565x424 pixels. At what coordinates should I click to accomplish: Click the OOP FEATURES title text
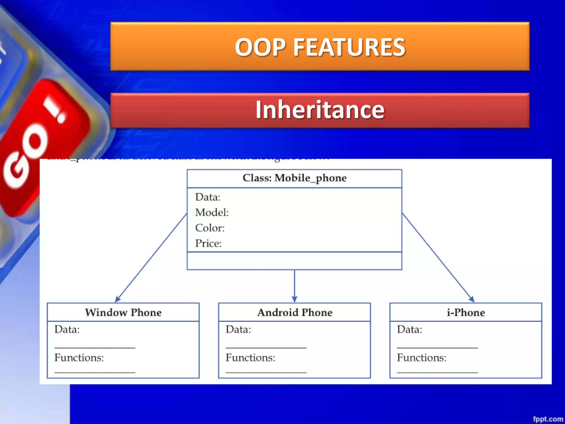coord(320,47)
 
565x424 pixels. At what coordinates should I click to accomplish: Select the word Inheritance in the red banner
coord(320,110)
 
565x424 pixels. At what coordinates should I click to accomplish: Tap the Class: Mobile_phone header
coord(294,178)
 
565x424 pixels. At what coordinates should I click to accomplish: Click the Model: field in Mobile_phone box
coord(212,213)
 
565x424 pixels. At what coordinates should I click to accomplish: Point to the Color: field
coord(210,228)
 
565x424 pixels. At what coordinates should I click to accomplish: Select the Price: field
coord(208,243)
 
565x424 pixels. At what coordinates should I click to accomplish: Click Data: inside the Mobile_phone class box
coord(208,197)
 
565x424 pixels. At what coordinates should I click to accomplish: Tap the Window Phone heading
coord(123,312)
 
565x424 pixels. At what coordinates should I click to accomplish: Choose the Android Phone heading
coord(295,312)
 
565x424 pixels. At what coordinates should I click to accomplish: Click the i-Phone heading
coord(466,312)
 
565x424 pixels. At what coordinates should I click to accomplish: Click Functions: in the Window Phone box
coord(79,358)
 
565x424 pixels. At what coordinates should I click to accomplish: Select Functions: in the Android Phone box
coord(250,358)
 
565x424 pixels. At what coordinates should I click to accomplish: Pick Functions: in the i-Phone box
coord(422,358)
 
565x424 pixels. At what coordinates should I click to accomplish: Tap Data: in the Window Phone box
coord(67,330)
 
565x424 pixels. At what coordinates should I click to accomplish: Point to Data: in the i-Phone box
coord(409,330)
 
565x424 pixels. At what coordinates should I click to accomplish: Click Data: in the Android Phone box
coord(238,330)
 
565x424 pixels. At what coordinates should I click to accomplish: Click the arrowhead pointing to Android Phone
coord(294,299)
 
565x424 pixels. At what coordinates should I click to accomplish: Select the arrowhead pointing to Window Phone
coord(118,299)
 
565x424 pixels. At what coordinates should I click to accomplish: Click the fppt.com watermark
coord(548,419)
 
